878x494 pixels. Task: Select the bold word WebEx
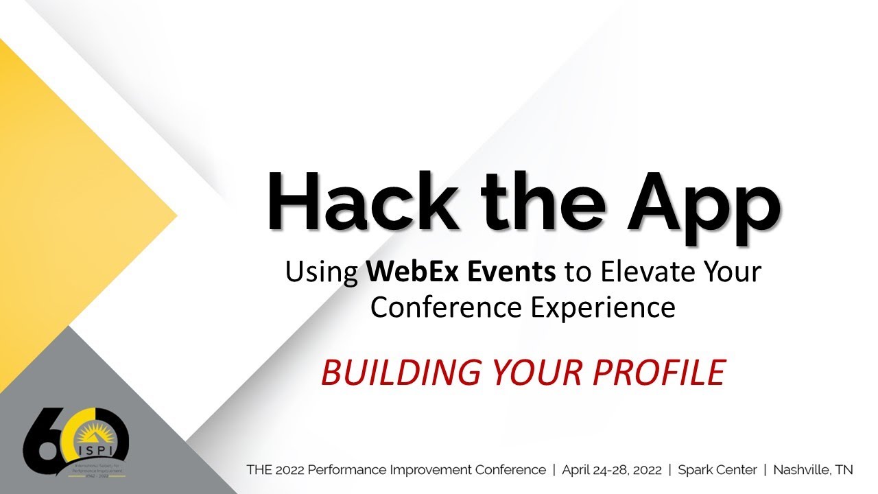[414, 272]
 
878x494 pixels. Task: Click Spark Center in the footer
[717, 470]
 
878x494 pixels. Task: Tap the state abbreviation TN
[844, 470]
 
